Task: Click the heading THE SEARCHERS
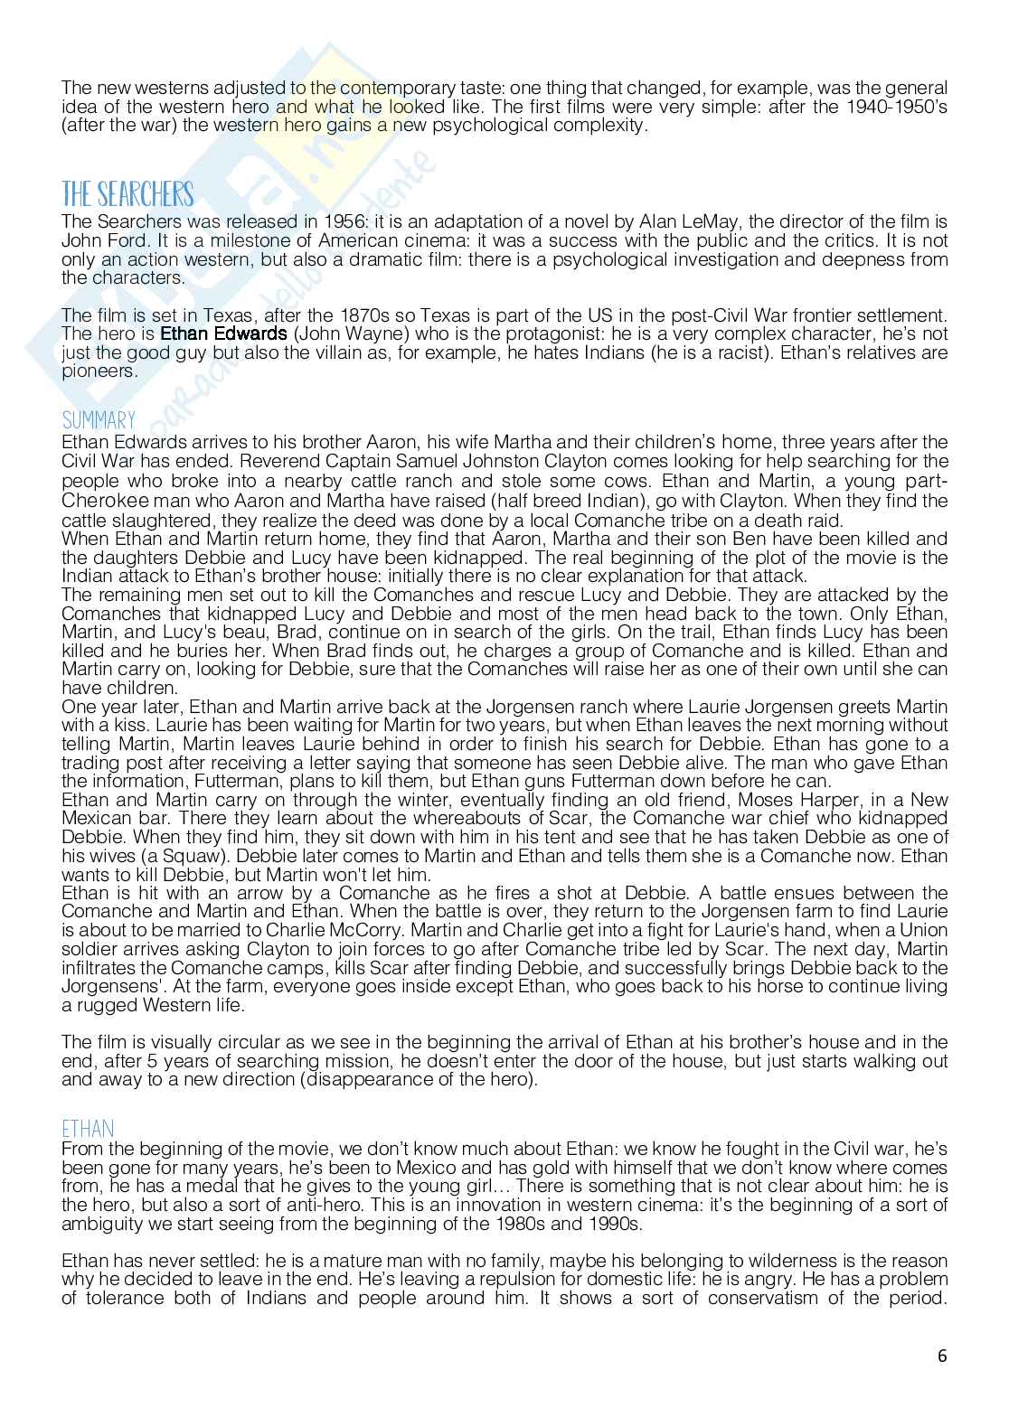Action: click(127, 195)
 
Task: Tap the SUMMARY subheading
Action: click(99, 421)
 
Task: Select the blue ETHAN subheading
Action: click(88, 1130)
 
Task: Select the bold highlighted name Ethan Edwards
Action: click(223, 334)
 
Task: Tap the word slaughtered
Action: click(153, 520)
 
